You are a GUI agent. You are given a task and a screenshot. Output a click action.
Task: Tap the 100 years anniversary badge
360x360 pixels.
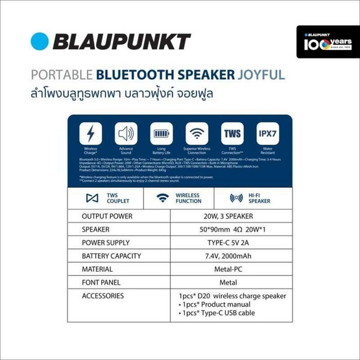click(327, 42)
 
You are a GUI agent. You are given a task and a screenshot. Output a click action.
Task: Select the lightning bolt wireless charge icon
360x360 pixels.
click(90, 134)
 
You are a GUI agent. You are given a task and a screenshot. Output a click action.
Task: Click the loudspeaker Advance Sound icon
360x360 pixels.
click(126, 134)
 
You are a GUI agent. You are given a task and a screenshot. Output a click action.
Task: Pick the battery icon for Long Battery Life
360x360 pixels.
click(161, 134)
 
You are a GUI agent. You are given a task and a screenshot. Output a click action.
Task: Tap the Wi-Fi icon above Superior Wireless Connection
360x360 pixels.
click(197, 134)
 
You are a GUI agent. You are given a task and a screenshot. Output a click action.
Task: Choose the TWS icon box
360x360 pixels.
click(232, 134)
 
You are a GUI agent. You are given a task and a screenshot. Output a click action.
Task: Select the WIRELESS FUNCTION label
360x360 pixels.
click(187, 198)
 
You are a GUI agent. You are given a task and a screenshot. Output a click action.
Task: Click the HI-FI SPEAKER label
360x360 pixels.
click(259, 198)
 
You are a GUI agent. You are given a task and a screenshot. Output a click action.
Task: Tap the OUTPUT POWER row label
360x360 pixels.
click(107, 216)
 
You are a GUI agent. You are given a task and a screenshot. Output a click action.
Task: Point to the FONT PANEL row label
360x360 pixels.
click(104, 283)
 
